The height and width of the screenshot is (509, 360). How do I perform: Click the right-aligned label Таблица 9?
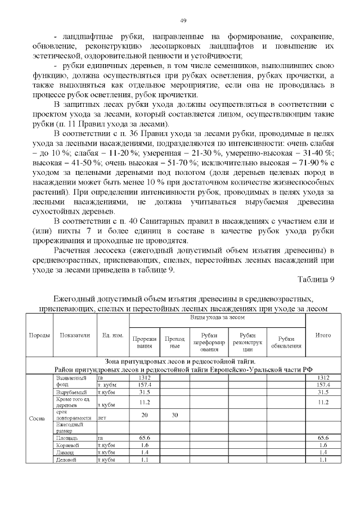tap(314, 280)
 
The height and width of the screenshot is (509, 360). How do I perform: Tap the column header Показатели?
tap(75, 335)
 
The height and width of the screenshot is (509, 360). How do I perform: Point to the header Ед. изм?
tap(112, 335)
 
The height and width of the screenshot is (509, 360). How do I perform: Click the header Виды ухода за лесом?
tap(217, 318)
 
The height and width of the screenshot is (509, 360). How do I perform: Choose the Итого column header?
tap(323, 335)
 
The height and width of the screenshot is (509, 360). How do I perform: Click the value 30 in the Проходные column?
tap(174, 415)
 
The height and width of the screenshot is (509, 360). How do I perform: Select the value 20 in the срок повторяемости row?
tap(145, 415)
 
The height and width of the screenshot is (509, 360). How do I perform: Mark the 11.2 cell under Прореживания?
tap(145, 402)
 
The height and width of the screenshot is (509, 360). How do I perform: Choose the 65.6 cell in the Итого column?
tap(323, 437)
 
